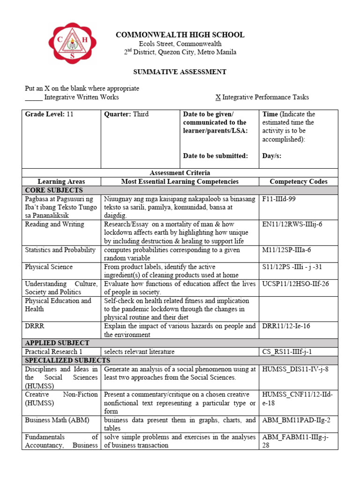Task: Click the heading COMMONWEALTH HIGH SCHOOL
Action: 180,35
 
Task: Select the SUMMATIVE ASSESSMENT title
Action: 180,72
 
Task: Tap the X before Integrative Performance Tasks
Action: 218,97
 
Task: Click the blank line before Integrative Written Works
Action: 33,97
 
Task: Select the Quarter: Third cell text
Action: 126,114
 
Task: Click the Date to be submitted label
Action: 215,156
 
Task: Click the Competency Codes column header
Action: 299,181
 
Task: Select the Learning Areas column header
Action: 61,181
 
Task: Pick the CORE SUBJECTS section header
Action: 54,190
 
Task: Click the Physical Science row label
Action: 49,267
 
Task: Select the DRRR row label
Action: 35,326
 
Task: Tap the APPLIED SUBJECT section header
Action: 57,343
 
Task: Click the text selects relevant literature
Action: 139,352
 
